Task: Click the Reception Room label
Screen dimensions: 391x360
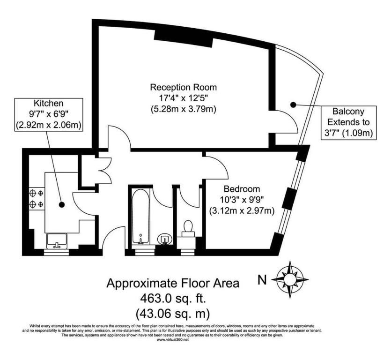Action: click(183, 87)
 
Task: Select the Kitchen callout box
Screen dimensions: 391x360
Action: click(49, 114)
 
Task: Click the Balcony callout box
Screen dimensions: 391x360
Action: click(348, 123)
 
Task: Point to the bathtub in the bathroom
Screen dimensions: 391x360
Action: click(140, 216)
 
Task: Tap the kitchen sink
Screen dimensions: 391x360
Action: click(57, 241)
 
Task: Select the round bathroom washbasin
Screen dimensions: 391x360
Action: click(165, 240)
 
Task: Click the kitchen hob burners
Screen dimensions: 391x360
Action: click(37, 199)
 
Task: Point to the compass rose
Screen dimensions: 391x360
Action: click(290, 279)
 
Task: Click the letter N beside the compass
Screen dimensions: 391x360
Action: click(262, 280)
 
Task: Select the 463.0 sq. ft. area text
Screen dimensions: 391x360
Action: click(173, 298)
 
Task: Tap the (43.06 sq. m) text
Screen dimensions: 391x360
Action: click(173, 313)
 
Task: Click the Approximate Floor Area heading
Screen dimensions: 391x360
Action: click(173, 283)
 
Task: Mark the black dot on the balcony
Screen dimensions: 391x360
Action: click(294, 105)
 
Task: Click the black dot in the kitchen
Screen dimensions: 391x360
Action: click(62, 205)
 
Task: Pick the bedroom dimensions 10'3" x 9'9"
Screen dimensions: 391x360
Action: click(242, 200)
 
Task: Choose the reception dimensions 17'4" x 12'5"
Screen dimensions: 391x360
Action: click(183, 98)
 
